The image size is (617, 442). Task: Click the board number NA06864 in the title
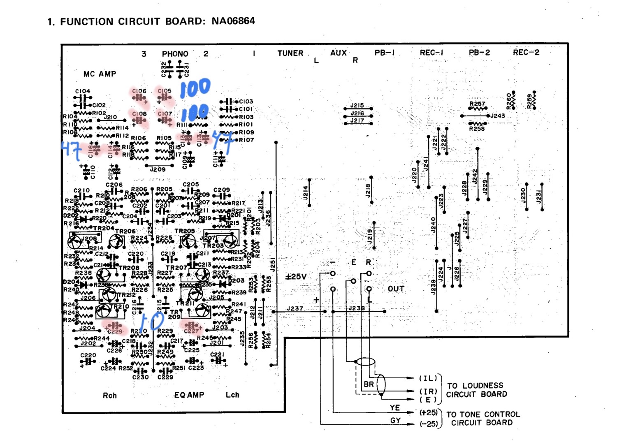(x=233, y=21)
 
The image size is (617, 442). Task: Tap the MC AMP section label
(x=100, y=74)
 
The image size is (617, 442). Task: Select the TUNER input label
(x=290, y=53)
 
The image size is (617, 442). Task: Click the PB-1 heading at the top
(x=385, y=53)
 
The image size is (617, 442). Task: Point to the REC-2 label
(x=526, y=52)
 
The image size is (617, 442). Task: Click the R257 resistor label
(x=477, y=104)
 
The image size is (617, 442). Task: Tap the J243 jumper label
(x=497, y=116)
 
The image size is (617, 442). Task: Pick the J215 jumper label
(x=357, y=106)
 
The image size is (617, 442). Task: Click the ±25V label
(x=296, y=277)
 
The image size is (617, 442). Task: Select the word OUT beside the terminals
(x=396, y=289)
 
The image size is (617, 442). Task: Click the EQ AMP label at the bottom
(x=189, y=395)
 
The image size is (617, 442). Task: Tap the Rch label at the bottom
(x=109, y=396)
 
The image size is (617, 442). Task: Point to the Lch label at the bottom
(x=232, y=395)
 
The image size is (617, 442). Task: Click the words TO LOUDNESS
(x=475, y=386)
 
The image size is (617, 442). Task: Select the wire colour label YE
(x=394, y=407)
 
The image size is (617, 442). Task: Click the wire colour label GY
(x=395, y=420)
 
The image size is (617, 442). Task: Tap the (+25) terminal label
(x=428, y=412)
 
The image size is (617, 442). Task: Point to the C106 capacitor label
(x=139, y=91)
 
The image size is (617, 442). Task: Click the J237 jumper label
(x=295, y=308)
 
